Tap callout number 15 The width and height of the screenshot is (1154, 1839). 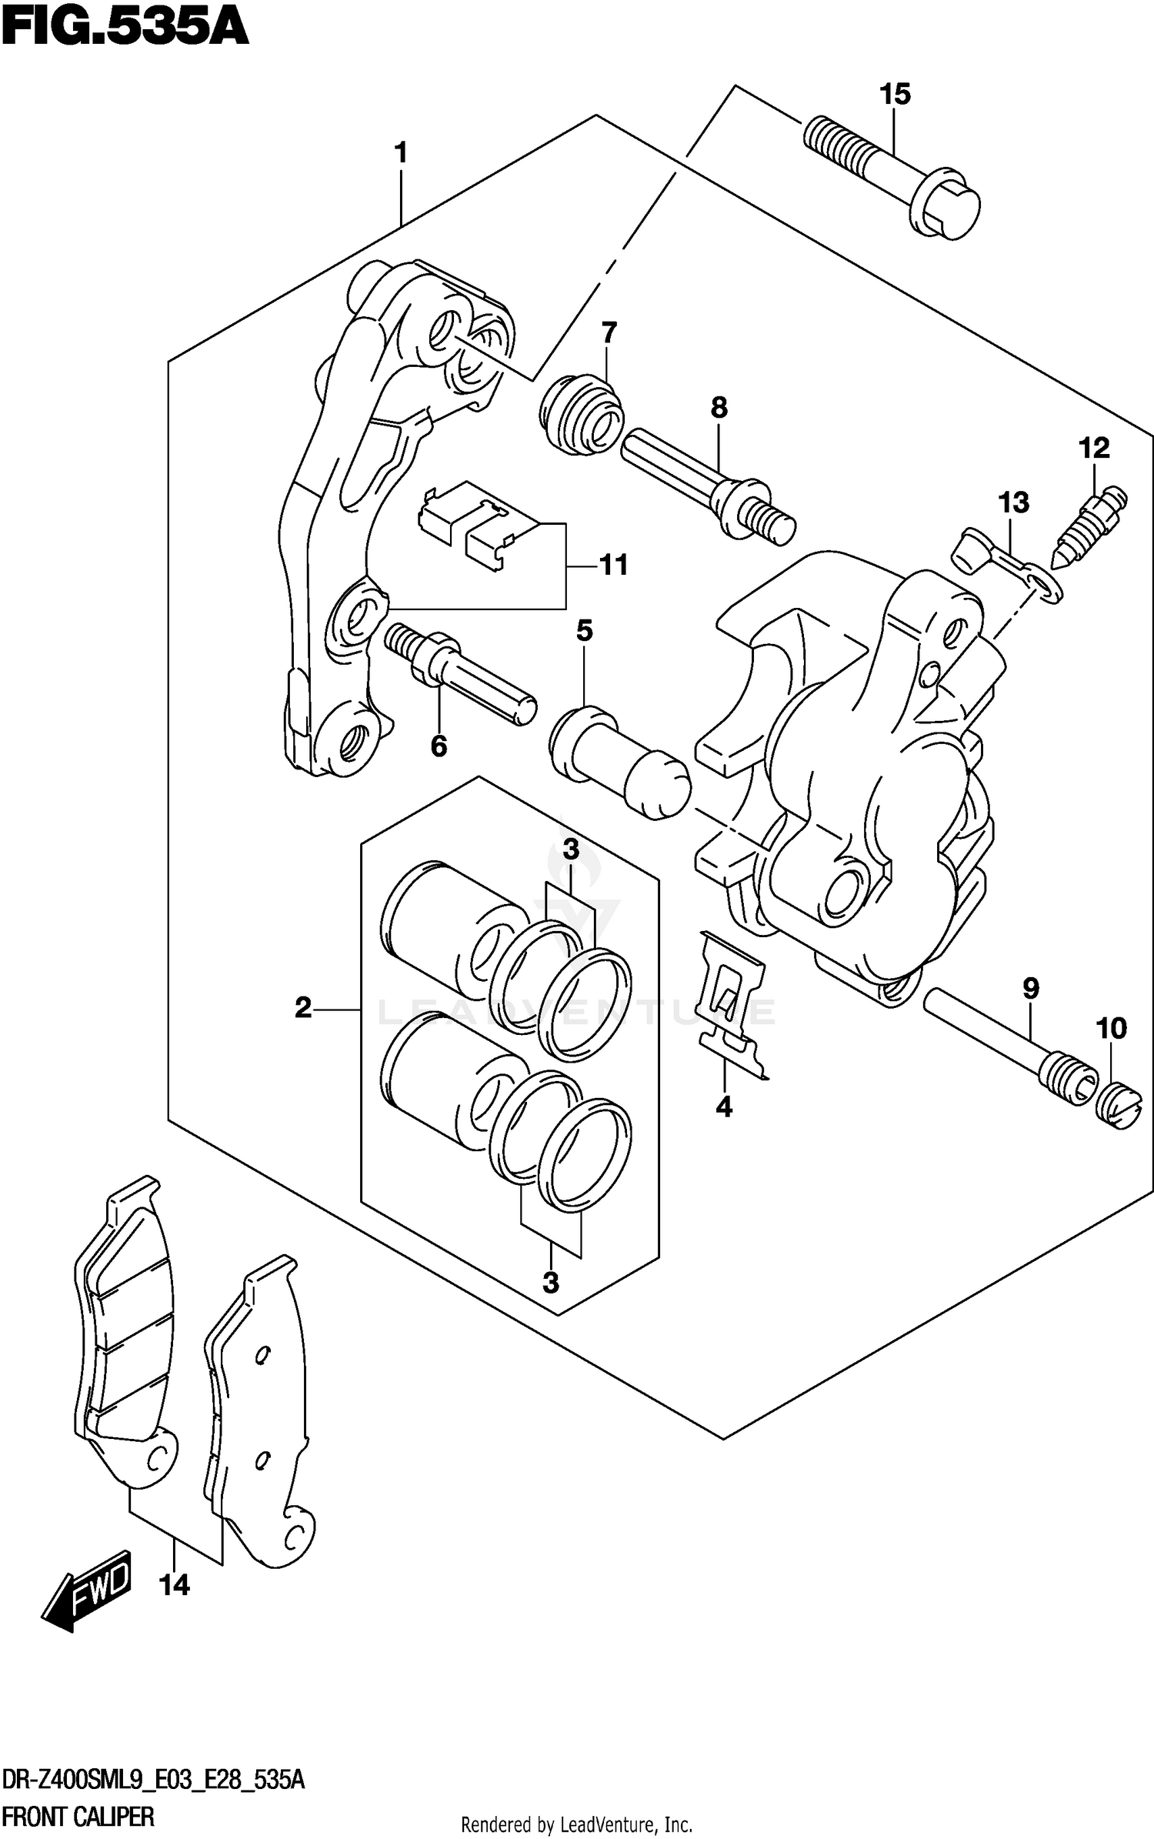895,95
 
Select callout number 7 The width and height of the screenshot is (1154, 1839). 609,333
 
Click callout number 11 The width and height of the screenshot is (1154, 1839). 613,565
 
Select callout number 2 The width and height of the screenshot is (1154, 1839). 303,1007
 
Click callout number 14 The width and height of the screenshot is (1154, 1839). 175,1584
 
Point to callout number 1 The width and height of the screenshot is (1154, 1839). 400,153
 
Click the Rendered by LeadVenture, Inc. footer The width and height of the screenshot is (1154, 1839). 576,1824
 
